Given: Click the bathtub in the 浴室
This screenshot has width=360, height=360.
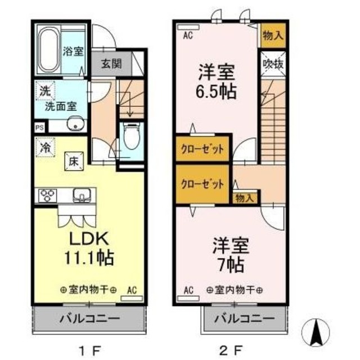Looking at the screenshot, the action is click(x=49, y=49).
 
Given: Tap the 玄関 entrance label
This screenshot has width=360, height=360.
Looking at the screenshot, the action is click(x=111, y=64).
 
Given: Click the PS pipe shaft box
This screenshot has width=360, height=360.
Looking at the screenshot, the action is click(x=39, y=128).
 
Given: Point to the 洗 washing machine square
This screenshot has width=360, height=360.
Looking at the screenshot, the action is click(x=45, y=91).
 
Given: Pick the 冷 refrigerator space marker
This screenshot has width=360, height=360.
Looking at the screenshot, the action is click(x=45, y=147).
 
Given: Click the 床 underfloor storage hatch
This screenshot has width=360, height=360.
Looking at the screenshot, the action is click(x=74, y=161).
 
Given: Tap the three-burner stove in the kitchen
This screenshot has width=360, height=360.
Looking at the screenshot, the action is click(x=48, y=195).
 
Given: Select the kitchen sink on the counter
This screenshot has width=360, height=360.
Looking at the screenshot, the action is click(x=82, y=195).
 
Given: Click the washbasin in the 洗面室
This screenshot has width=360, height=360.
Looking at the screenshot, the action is click(x=75, y=124).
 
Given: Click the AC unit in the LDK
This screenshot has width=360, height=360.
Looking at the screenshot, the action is click(x=132, y=299).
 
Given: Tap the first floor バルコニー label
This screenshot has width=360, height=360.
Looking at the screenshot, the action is click(x=90, y=319).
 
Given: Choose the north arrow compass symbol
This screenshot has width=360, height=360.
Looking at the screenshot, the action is click(x=316, y=332).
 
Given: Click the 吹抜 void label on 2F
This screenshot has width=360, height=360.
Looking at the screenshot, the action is click(x=273, y=64).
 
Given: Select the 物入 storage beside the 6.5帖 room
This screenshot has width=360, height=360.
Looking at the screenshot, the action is click(x=273, y=35).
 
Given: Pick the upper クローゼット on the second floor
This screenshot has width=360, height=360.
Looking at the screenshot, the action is click(x=202, y=150).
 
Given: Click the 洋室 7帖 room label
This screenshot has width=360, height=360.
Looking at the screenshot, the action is click(x=231, y=255).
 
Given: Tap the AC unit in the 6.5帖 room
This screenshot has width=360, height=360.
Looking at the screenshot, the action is click(x=188, y=28).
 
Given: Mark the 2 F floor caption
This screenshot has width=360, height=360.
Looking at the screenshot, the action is click(x=231, y=350).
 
